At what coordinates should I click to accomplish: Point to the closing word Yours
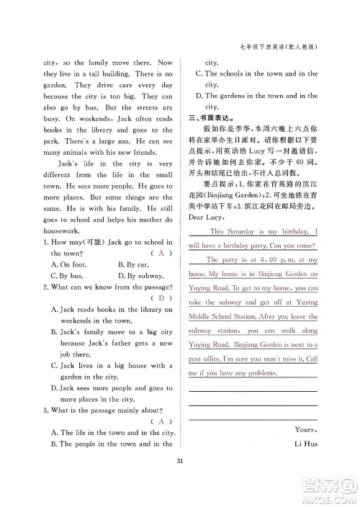pos(305,430)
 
